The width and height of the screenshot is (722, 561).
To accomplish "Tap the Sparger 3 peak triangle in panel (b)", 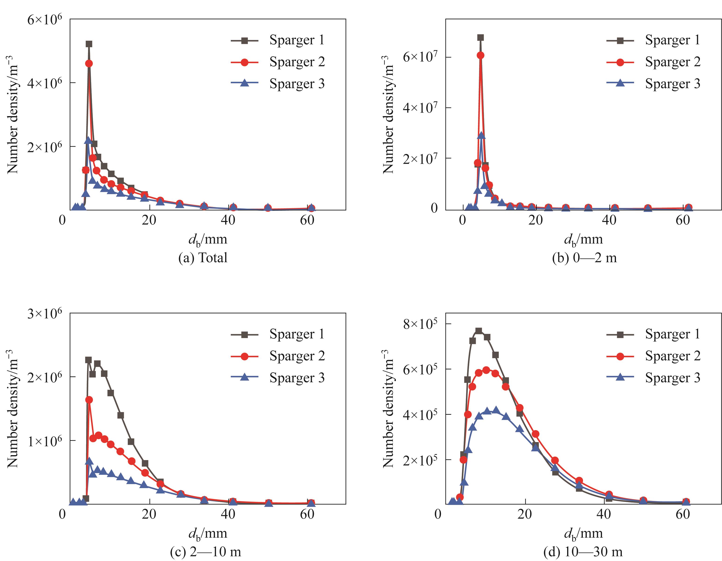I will point(481,135).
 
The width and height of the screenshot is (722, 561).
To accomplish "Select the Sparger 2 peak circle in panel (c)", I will point(89,400).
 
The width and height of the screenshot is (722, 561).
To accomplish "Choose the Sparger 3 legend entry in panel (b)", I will point(654,84).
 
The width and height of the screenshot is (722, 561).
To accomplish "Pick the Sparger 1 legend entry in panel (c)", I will point(278,334).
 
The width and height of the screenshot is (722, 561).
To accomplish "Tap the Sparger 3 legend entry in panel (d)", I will point(654,378).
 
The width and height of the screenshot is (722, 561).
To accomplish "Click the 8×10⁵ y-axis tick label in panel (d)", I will point(420,324).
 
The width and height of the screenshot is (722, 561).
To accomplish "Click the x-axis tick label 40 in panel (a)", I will point(228,220).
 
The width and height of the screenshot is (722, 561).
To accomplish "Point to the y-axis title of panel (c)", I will point(13,408).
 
